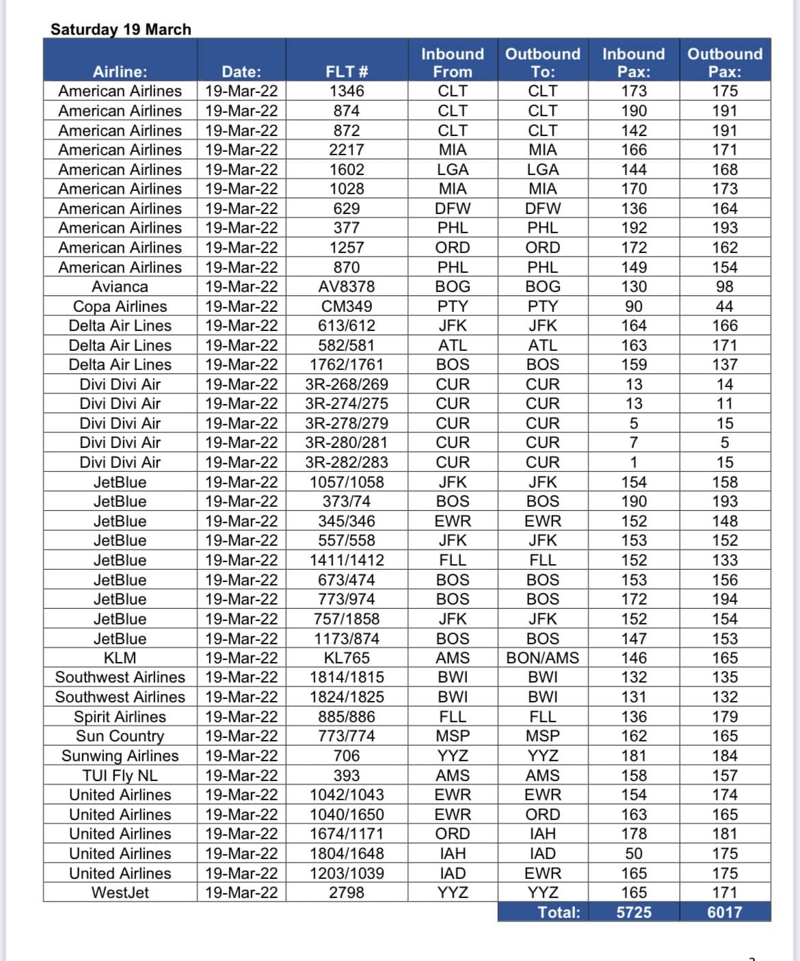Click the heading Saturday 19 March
(x=120, y=29)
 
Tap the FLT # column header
(x=347, y=72)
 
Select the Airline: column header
(x=120, y=72)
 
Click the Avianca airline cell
(x=120, y=287)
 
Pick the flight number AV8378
(x=347, y=287)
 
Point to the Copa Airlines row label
(x=120, y=306)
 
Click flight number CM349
(x=347, y=306)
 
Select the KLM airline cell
(x=120, y=658)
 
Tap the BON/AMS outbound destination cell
(x=542, y=658)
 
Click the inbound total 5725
(x=634, y=912)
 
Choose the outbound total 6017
(x=725, y=912)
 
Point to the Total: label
(x=559, y=912)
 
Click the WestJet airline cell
(x=120, y=893)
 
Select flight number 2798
(x=347, y=893)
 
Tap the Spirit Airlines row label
(x=120, y=717)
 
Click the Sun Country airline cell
(x=120, y=736)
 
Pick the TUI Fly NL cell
(x=120, y=776)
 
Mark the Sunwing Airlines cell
(x=120, y=756)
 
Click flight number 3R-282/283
(x=347, y=462)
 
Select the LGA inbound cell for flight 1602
(x=453, y=170)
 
